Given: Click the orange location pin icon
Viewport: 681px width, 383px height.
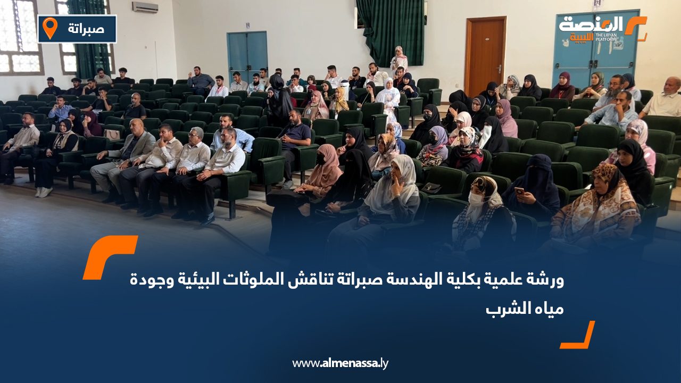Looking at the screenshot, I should (49, 28).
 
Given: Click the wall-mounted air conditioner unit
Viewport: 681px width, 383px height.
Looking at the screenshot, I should (145, 7).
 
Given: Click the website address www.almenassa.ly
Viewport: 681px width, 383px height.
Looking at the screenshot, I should (340, 363).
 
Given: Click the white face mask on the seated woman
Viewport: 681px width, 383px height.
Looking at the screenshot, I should (476, 199).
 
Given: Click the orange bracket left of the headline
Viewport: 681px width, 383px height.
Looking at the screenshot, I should (109, 256).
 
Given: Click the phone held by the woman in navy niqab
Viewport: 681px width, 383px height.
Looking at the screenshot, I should (519, 190).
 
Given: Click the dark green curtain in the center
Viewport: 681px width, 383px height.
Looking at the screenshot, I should (391, 32).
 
